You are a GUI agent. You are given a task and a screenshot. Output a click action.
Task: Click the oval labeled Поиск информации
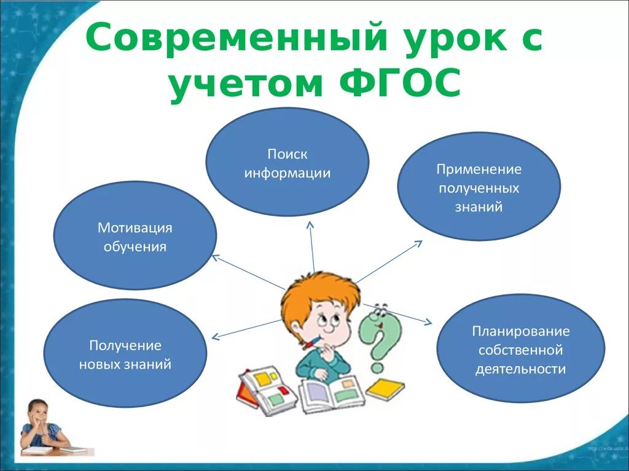pos(287,163)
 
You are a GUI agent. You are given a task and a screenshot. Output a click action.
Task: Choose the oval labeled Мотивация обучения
pos(135,236)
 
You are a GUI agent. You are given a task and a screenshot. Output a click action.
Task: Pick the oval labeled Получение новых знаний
pos(125,354)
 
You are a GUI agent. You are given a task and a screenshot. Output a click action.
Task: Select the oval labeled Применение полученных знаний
pos(479,186)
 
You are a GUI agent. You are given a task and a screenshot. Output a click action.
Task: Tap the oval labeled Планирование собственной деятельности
pos(520,350)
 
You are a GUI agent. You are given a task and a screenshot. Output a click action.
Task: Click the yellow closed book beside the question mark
pos(385,389)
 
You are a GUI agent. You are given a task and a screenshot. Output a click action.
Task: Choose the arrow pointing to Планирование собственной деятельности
pos(399,313)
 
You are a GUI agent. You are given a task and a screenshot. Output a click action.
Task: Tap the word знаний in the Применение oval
pos(479,207)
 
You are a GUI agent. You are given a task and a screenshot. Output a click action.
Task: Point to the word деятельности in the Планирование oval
pos(520,369)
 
